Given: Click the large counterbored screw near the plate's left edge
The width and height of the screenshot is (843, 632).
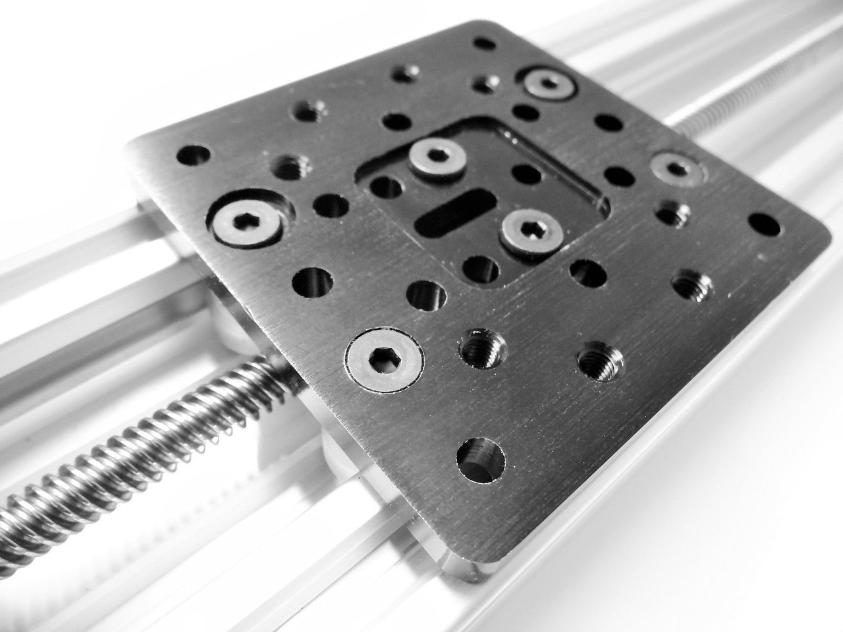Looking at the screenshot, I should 244,221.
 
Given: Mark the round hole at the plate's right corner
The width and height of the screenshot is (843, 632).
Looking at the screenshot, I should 764,224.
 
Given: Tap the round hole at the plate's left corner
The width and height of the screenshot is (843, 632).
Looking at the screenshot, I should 193,155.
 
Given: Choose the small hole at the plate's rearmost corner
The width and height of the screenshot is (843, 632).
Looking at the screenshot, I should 485,44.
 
